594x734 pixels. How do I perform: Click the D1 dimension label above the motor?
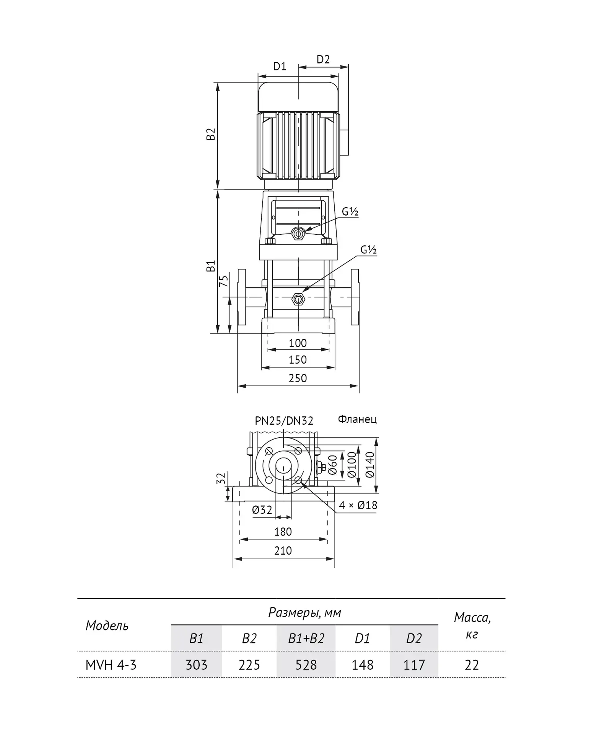[280, 67]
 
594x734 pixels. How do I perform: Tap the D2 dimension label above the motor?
[323, 60]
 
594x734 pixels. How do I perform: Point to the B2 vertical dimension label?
[211, 134]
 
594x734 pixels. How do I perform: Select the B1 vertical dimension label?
[211, 266]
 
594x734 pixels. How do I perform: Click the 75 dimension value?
[223, 281]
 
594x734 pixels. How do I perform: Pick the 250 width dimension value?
[298, 378]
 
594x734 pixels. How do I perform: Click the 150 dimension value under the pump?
[298, 360]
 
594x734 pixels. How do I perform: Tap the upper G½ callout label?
[350, 212]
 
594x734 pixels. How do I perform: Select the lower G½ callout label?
[369, 250]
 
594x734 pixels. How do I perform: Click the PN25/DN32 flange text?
[284, 421]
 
